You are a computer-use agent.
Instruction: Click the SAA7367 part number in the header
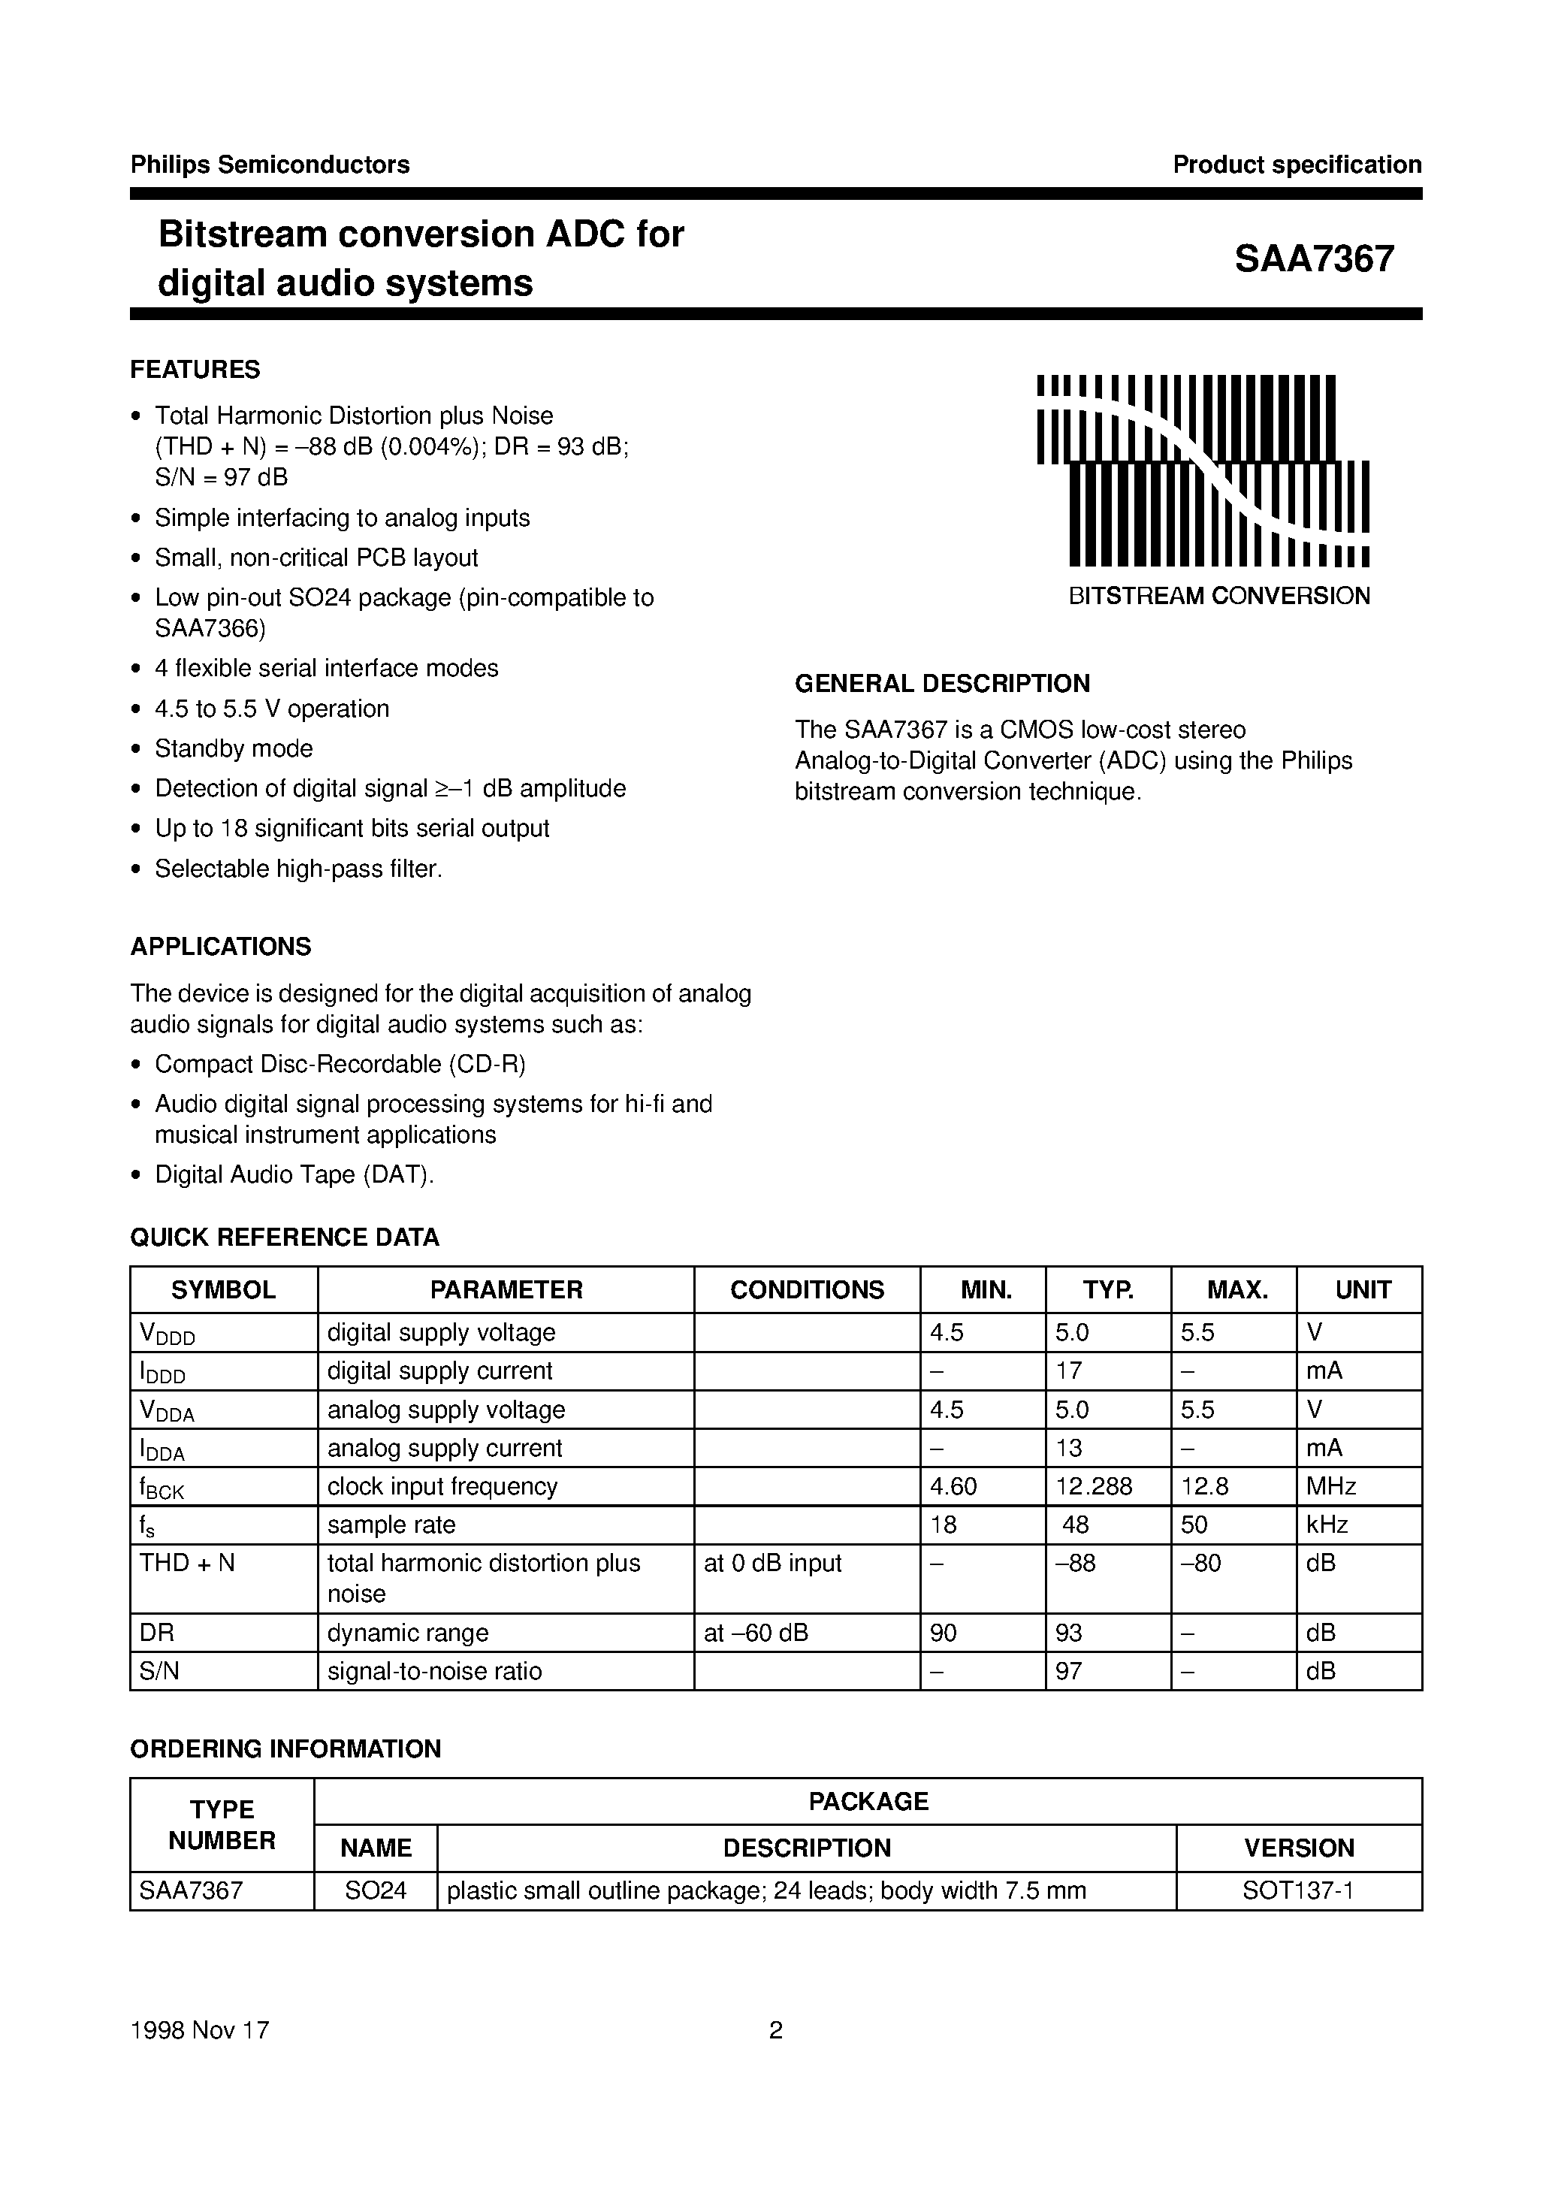click(x=1313, y=259)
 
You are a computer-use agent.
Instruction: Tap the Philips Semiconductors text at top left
click(x=270, y=165)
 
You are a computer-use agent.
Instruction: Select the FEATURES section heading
click(x=195, y=370)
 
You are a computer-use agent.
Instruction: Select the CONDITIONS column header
click(x=807, y=1290)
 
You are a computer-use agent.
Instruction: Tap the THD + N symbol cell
click(x=188, y=1563)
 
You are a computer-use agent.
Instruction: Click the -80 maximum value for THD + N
click(x=1201, y=1563)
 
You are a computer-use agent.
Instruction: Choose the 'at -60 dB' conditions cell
click(x=756, y=1633)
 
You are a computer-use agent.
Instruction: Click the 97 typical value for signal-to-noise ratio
click(x=1069, y=1671)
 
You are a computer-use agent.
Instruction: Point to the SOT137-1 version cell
click(x=1297, y=1890)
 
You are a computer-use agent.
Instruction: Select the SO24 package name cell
click(x=376, y=1890)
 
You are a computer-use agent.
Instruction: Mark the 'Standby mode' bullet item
click(x=234, y=748)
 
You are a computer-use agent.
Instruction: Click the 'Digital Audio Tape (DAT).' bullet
click(x=294, y=1174)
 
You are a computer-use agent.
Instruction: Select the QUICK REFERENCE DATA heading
click(x=284, y=1238)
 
